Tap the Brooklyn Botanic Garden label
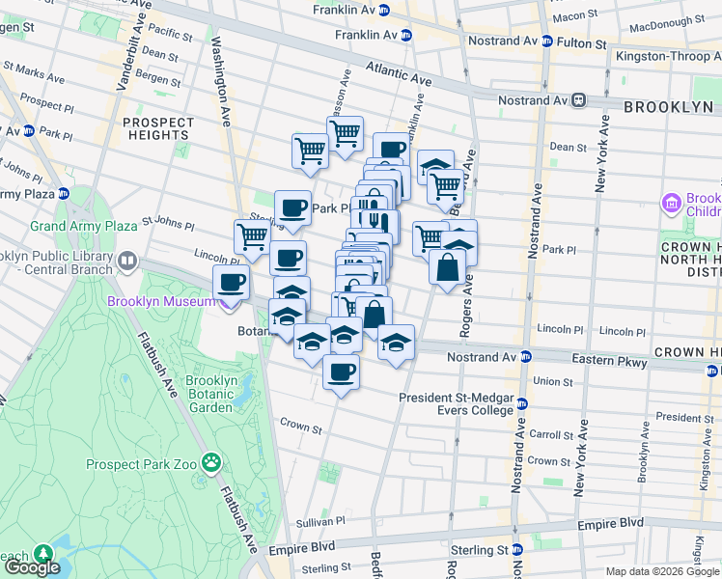coord(211,394)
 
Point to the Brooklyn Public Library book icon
coord(127,262)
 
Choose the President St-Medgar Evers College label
coord(457,403)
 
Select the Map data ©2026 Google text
coord(662,571)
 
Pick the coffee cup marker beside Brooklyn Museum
coord(231,283)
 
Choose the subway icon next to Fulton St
coord(546,42)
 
